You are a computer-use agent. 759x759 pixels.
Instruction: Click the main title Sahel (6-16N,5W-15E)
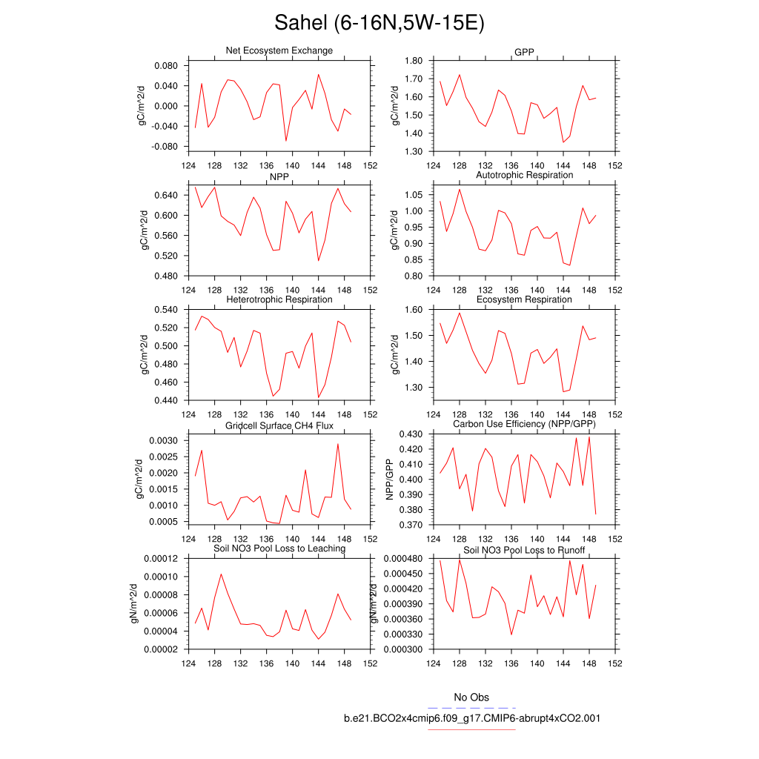coord(379,23)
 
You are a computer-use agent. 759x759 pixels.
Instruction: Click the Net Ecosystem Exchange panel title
coord(279,50)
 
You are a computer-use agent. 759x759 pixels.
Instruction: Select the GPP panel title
coord(524,51)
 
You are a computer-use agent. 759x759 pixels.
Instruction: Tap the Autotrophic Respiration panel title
coord(524,175)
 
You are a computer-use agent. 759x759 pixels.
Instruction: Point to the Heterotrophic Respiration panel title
coord(279,299)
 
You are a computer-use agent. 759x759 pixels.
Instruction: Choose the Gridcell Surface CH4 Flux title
coord(279,425)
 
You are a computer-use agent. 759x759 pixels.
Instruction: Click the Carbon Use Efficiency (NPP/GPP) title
coord(524,424)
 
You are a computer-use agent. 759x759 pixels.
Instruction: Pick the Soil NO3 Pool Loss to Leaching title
coord(279,548)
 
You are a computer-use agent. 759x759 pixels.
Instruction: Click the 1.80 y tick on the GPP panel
coord(410,61)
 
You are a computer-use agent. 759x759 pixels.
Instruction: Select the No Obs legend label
coord(471,697)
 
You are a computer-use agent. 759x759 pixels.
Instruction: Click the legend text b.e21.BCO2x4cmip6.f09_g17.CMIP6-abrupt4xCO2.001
coord(471,718)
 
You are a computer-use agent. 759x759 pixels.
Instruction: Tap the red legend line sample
coord(471,729)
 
